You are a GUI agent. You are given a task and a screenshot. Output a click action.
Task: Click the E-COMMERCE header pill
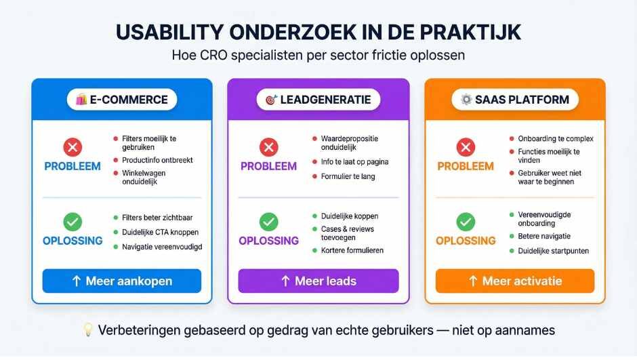coord(121,100)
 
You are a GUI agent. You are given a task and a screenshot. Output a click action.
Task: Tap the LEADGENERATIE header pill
coord(318,100)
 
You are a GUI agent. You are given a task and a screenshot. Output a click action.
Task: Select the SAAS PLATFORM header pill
coord(514,100)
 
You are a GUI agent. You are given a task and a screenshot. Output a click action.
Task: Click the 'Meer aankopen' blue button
coord(121,281)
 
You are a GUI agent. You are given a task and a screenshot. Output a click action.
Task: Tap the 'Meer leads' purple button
coord(318,281)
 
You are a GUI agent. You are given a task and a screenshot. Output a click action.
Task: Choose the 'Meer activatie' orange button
coord(514,281)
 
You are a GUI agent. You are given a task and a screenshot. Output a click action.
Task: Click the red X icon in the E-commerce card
coord(72,147)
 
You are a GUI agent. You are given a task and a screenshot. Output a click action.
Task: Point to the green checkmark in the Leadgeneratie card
coord(269,221)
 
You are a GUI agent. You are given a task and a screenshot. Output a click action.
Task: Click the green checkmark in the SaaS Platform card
coord(466,221)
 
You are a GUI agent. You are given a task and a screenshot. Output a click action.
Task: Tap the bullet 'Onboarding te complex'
coord(550,138)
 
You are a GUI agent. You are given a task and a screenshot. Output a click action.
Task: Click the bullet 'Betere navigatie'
coord(544,236)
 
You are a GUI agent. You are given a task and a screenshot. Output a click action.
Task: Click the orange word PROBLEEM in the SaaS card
coord(466,166)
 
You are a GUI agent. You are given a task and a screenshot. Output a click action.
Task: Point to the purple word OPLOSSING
coord(269,241)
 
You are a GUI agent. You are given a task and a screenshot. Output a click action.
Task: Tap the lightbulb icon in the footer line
coord(86,331)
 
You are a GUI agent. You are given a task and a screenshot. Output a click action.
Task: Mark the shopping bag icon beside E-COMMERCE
coord(83,100)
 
